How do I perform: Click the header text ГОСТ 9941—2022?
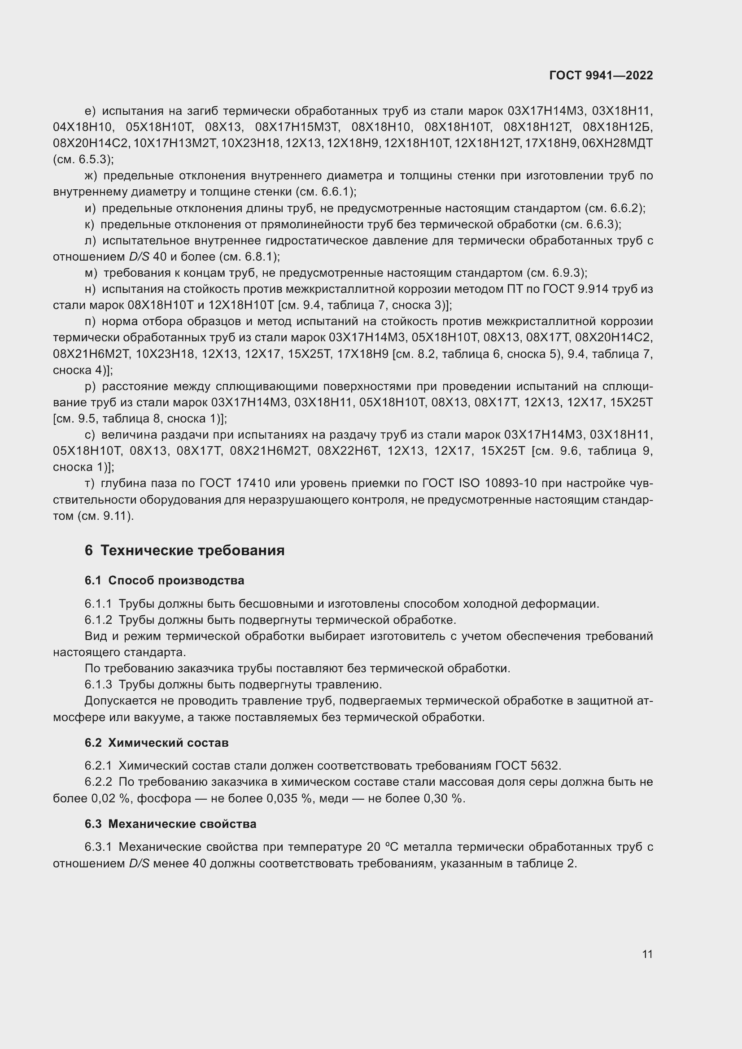[601, 75]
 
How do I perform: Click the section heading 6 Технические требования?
[184, 551]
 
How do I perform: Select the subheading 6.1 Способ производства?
[164, 581]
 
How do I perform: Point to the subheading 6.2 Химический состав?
[156, 743]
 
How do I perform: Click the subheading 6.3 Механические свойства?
[170, 824]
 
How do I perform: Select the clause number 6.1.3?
[98, 685]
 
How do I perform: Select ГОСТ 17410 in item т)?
[235, 483]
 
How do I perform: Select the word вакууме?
[157, 717]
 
